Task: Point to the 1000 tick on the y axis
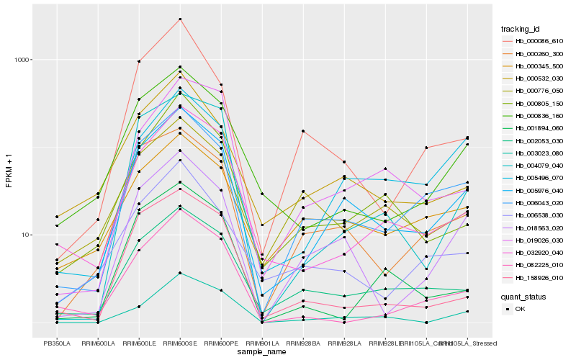click(x=21, y=60)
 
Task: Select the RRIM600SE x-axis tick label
click(x=180, y=343)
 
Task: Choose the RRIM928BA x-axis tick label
click(x=303, y=343)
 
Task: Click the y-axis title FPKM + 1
click(x=9, y=171)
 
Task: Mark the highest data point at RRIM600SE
click(x=180, y=19)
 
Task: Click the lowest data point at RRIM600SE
click(x=180, y=273)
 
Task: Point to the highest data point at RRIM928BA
click(x=303, y=131)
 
